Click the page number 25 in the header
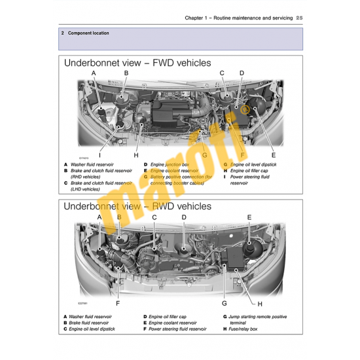[x=299, y=18]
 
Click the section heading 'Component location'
[x=88, y=33]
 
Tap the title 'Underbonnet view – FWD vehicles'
[x=137, y=63]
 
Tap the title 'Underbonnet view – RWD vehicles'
[x=137, y=206]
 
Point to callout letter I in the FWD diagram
[x=100, y=155]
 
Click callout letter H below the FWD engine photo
[x=136, y=155]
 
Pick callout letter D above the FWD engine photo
[x=242, y=73]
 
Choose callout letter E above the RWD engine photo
[x=249, y=217]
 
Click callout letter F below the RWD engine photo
[x=118, y=303]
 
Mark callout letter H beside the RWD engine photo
[x=260, y=304]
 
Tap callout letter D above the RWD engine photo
[x=184, y=217]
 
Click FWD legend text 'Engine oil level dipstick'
[x=253, y=165]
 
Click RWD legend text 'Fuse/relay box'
[x=244, y=329]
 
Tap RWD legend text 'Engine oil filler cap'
[x=169, y=317]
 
